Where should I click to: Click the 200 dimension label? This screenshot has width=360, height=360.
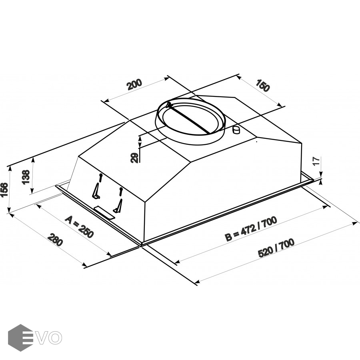135,84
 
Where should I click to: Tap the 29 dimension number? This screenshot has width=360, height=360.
134,158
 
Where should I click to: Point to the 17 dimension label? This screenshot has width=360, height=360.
316,161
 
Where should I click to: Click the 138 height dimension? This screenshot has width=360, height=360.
26,177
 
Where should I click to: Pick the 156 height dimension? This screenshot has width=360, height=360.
4,190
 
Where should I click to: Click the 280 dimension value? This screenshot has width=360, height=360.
55,240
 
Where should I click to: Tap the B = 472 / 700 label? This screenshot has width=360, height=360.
251,229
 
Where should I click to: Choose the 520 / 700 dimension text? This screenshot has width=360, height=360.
276,248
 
